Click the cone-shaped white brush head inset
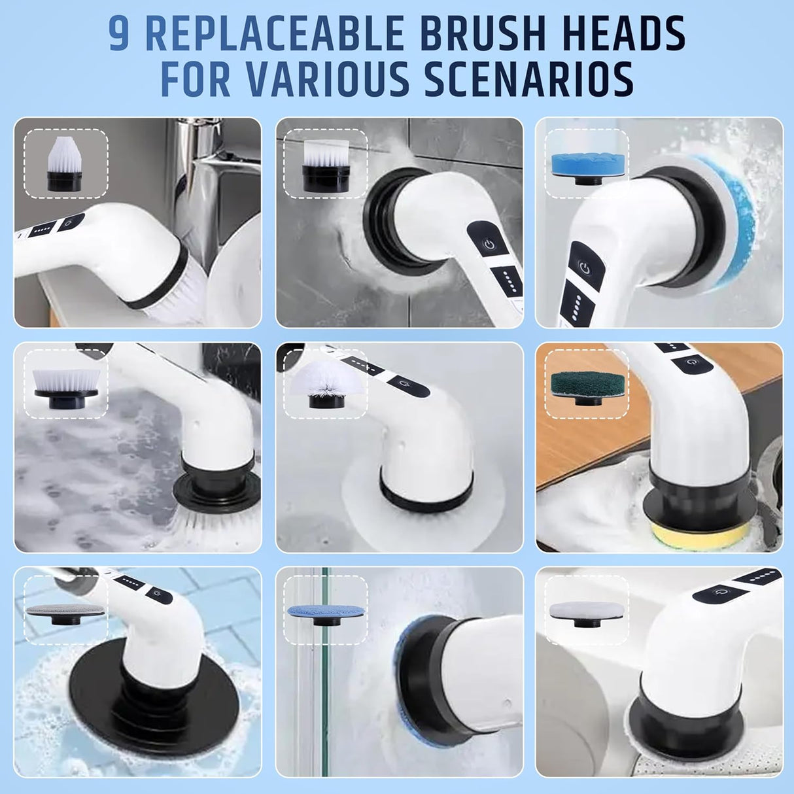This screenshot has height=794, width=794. (x=65, y=162)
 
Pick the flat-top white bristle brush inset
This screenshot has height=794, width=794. (x=325, y=164)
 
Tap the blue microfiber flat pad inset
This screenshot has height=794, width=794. (x=325, y=612)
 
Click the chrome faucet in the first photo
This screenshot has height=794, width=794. (x=196, y=164)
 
